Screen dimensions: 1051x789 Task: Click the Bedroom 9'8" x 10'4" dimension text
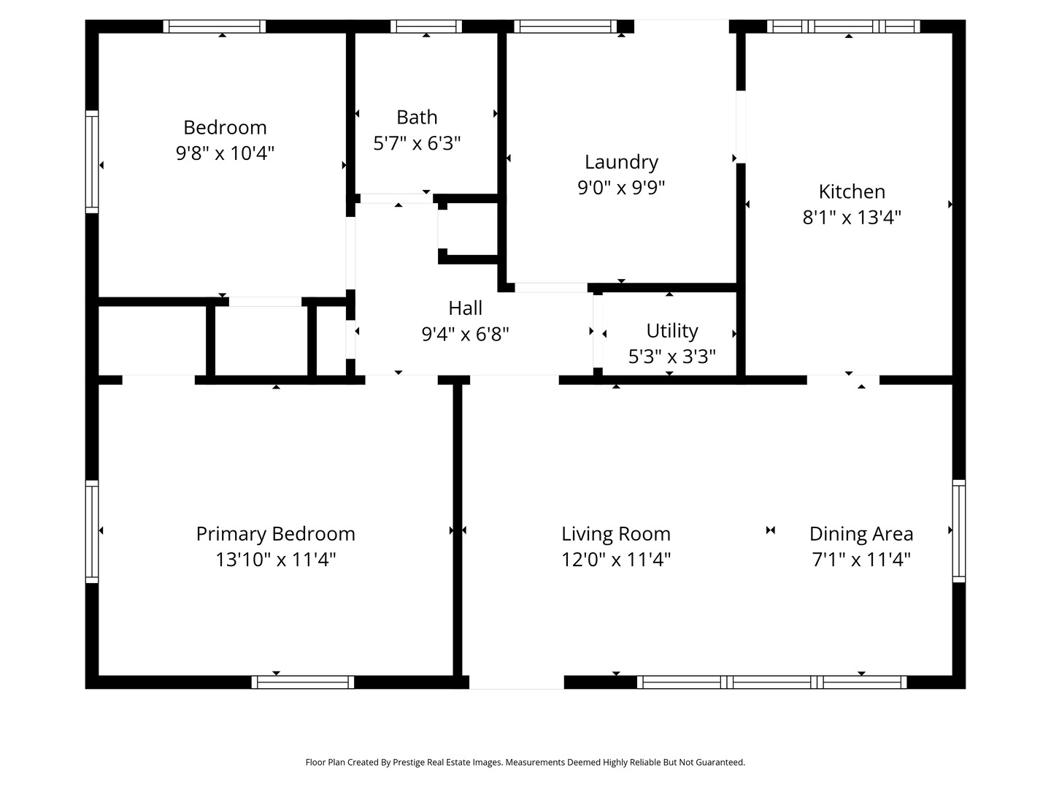click(225, 153)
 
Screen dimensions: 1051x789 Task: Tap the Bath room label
click(417, 118)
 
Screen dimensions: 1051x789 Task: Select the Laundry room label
click(621, 163)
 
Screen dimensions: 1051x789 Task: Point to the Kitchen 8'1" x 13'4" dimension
click(851, 218)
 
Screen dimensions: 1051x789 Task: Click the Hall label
click(465, 308)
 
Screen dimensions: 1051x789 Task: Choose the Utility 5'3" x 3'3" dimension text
click(671, 357)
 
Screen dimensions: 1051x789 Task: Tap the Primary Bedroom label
click(275, 534)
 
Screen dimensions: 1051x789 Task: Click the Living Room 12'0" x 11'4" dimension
click(616, 559)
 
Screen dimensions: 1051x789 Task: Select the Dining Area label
click(861, 534)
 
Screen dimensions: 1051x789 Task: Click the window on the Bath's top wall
click(426, 26)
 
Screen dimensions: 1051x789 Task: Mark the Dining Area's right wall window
click(958, 531)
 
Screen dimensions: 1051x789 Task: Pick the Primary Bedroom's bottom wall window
click(303, 682)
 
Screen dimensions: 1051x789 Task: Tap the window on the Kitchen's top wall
click(843, 26)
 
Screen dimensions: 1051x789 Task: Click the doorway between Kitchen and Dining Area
click(843, 380)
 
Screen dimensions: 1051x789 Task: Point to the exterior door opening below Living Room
click(517, 682)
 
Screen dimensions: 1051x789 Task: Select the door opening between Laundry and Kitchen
click(741, 127)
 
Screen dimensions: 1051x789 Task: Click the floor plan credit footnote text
click(525, 762)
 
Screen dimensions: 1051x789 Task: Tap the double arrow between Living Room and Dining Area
click(771, 530)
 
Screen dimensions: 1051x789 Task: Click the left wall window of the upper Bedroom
click(92, 162)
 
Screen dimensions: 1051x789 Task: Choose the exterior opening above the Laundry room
click(682, 26)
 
